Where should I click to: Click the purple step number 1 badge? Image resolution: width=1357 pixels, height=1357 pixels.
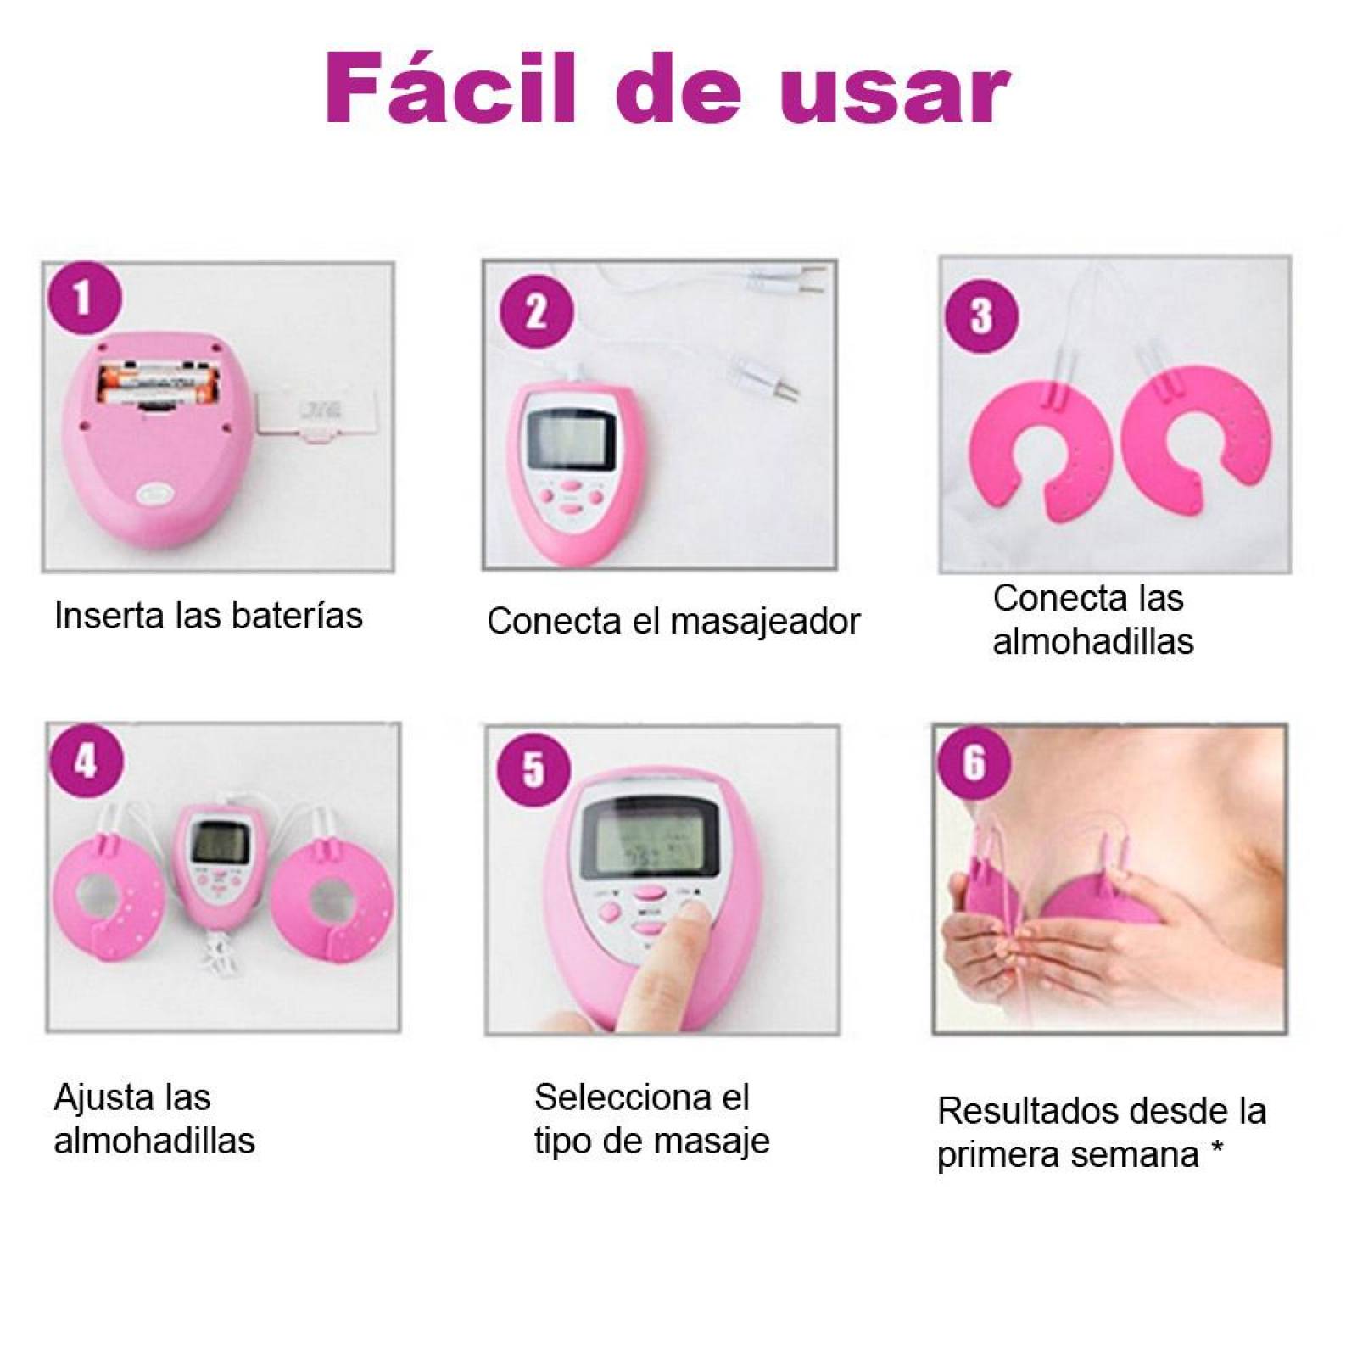[83, 299]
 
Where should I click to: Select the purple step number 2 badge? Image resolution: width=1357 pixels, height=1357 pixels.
[536, 311]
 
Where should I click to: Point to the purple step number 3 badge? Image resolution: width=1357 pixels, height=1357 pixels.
[981, 316]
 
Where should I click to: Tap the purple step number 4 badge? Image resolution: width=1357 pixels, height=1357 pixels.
[87, 762]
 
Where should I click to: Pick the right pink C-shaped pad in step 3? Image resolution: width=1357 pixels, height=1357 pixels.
[1196, 441]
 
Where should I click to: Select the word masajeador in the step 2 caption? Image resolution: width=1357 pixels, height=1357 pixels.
[766, 621]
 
